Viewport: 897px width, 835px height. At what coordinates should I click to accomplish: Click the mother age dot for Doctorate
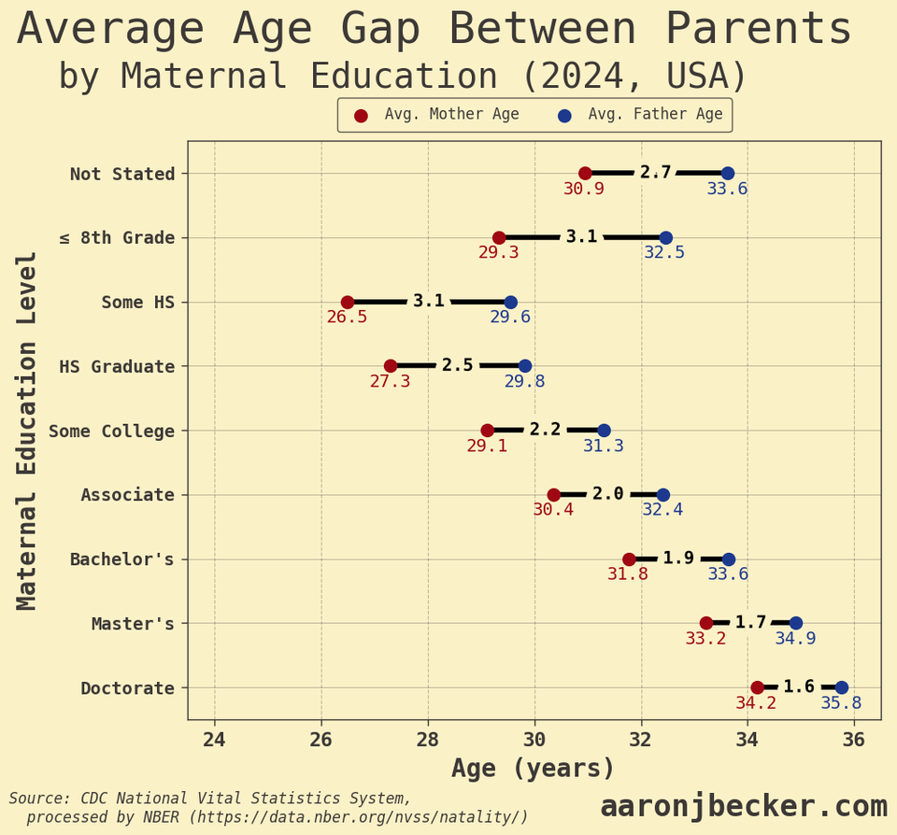pos(757,687)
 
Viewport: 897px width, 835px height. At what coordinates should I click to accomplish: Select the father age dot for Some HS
pos(510,302)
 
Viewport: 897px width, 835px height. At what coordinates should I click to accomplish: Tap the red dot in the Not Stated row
pos(585,173)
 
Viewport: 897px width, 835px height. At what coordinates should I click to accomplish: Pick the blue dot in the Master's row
pos(795,623)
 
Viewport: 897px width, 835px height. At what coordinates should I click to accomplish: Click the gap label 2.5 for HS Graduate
pos(458,365)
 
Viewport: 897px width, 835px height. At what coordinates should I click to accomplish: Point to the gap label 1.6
pos(799,686)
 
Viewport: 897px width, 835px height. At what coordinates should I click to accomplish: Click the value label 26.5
pos(347,318)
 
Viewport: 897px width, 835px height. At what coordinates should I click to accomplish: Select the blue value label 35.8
pos(841,703)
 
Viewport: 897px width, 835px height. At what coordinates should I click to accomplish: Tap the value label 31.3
pos(604,446)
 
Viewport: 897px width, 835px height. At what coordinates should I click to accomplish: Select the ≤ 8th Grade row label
pos(118,237)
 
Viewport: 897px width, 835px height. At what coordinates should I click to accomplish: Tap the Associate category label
pos(128,495)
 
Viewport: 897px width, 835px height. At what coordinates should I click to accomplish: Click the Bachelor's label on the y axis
pos(122,559)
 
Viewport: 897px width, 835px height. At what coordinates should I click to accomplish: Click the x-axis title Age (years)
pos(534,769)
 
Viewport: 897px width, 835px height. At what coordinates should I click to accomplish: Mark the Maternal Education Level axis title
pos(27,430)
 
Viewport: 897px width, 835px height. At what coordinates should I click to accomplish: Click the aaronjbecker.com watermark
pos(744,806)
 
